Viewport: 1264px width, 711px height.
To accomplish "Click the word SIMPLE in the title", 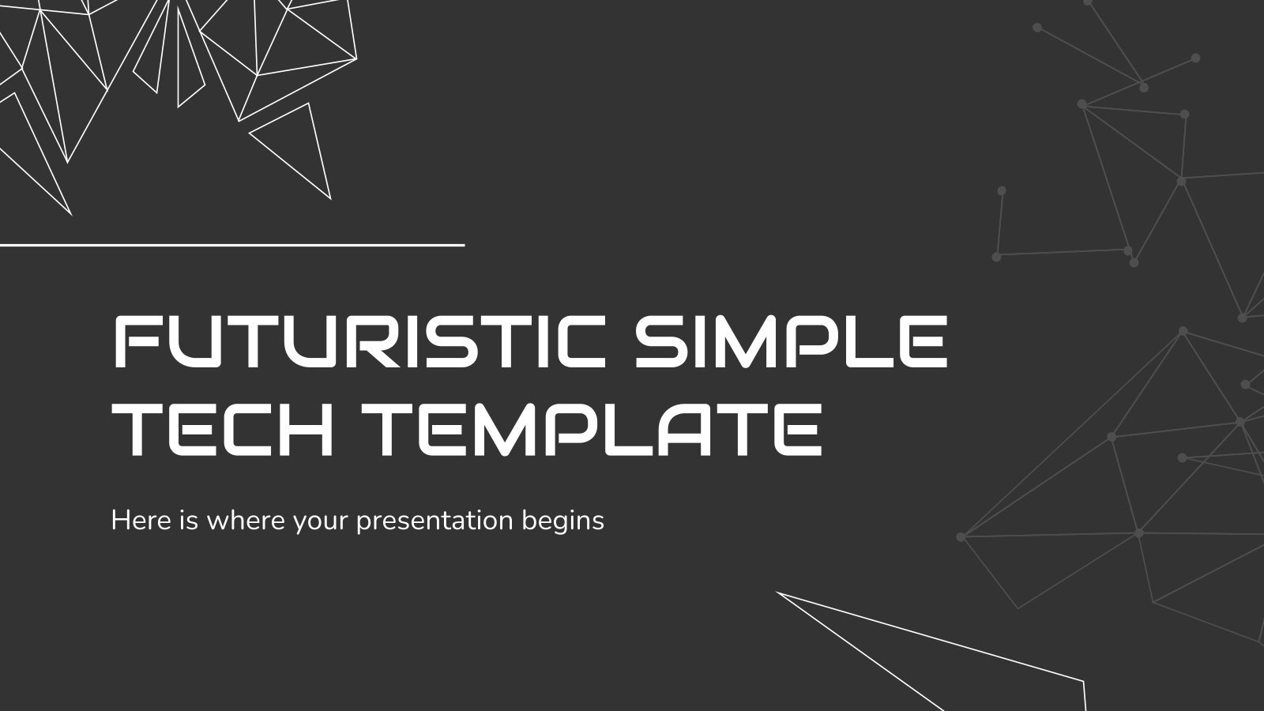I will tap(791, 341).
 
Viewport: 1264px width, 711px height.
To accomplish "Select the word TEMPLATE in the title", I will tap(597, 431).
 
